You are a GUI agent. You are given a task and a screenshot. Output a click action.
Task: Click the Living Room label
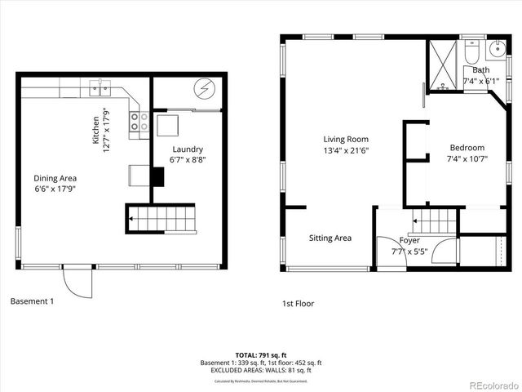(346, 140)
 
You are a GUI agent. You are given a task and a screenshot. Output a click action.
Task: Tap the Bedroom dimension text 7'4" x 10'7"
(467, 159)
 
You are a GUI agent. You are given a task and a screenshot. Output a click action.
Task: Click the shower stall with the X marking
(445, 64)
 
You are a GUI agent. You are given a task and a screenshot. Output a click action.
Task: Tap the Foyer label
(409, 241)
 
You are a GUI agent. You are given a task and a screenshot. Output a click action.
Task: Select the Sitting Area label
(330, 238)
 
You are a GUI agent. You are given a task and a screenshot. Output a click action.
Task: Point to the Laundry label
(188, 149)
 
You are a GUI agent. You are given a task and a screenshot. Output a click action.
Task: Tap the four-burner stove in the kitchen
(139, 122)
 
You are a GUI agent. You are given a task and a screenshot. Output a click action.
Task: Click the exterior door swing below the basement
(75, 283)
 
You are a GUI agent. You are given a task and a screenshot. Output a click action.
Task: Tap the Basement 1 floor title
(32, 301)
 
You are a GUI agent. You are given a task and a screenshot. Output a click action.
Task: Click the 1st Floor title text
(298, 304)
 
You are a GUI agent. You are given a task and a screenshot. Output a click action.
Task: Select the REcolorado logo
(488, 383)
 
